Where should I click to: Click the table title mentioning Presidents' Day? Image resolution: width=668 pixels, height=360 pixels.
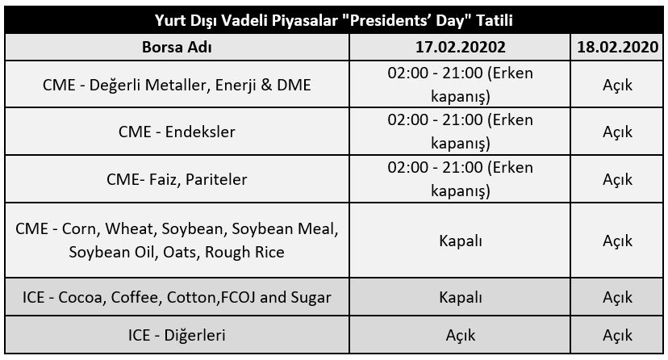point(333,20)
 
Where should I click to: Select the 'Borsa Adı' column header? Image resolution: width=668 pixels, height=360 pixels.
point(177,47)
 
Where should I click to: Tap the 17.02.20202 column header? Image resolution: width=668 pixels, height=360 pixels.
point(460,47)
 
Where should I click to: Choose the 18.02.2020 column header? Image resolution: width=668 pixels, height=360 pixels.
point(617,47)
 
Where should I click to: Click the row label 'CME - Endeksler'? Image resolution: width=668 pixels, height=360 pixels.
point(177,132)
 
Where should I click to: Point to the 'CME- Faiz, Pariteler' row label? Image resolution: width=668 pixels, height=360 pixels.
point(177,179)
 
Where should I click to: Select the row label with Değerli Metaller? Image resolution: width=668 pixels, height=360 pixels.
point(177,85)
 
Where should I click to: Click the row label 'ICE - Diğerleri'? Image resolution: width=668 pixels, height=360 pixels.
point(177,335)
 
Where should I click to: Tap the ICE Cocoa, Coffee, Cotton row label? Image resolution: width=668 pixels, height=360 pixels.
point(177,297)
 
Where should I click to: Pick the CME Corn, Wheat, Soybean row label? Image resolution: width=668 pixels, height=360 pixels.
point(177,241)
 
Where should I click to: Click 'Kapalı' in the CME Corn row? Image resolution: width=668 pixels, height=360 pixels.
point(460,241)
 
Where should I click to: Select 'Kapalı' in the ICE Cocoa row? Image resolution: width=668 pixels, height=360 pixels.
point(460,297)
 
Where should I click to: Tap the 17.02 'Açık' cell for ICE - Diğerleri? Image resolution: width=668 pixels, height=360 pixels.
point(460,336)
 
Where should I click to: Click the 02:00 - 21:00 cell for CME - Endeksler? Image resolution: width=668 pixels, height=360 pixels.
point(460,132)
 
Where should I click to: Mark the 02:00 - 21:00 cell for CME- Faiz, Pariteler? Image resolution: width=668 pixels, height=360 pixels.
point(460,179)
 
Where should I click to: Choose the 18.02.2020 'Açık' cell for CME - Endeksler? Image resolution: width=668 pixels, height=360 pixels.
point(617,132)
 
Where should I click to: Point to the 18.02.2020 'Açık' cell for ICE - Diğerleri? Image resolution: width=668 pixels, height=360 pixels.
point(617,336)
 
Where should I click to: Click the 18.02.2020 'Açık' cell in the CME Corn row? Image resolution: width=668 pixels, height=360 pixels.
point(617,241)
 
